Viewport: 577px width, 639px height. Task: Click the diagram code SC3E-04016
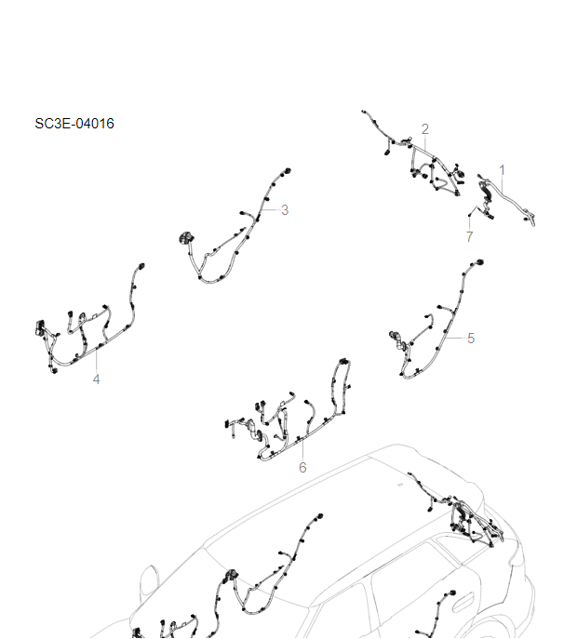point(74,123)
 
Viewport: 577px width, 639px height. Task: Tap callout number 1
point(503,169)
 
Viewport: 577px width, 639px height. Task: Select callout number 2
point(424,128)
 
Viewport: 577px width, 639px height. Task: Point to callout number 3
point(285,210)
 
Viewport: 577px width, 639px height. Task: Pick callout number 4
point(96,379)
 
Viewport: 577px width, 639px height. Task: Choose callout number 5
point(471,339)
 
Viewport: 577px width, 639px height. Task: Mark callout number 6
point(302,467)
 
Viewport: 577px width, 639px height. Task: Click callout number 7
point(469,237)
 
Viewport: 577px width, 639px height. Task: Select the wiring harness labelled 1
point(507,198)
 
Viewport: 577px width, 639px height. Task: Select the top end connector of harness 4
point(141,266)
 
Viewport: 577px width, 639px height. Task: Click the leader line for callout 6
point(302,448)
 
